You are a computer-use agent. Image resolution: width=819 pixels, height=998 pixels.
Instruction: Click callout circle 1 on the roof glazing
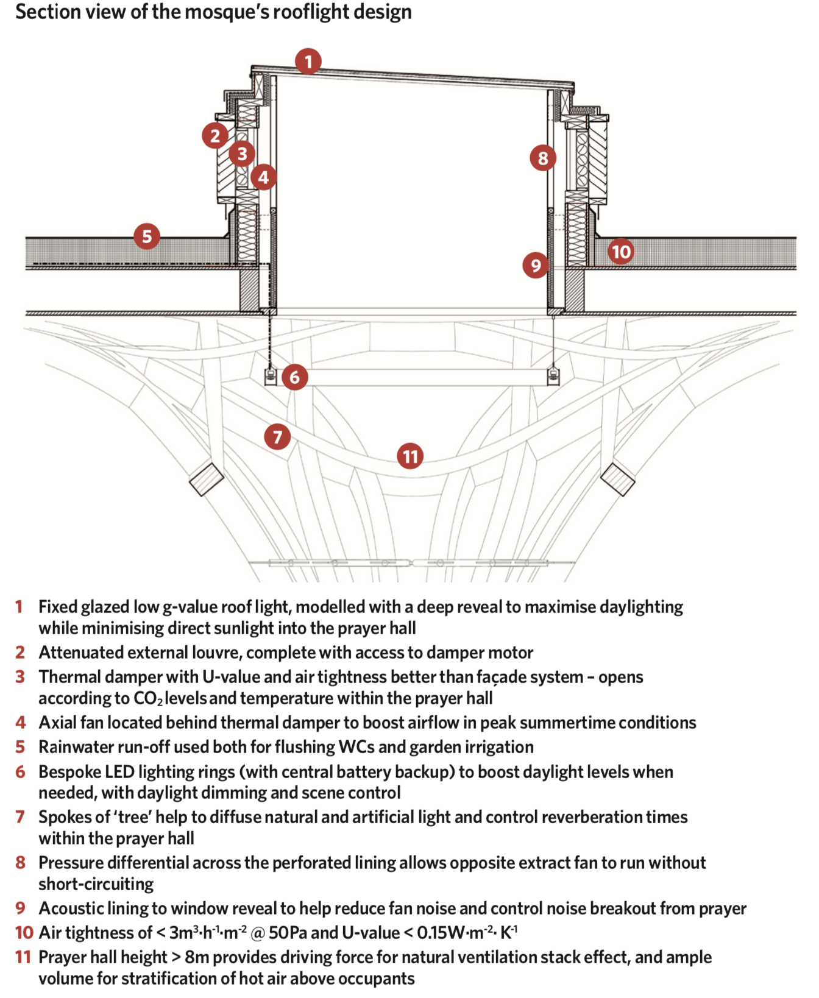tap(308, 62)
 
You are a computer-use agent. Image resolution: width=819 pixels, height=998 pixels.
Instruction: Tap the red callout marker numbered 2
tap(215, 135)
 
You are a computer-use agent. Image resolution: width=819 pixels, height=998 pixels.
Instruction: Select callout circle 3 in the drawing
tap(242, 154)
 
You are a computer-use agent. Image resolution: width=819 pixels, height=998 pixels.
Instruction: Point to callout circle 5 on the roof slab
tap(147, 236)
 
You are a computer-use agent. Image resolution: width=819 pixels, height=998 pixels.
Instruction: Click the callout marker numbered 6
tap(294, 377)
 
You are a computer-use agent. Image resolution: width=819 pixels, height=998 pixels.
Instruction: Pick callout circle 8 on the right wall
tap(543, 158)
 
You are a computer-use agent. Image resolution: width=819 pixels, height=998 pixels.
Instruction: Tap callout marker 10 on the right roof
tap(621, 252)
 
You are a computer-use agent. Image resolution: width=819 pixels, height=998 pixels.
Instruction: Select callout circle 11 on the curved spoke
tap(410, 456)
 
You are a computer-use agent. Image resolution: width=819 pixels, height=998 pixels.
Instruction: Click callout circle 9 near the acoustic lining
tap(536, 266)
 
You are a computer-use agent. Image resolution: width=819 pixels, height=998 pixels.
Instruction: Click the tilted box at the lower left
tap(207, 479)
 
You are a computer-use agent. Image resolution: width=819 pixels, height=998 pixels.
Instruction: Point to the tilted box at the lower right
tap(618, 479)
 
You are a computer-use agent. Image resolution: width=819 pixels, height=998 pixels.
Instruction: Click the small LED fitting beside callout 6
tap(270, 377)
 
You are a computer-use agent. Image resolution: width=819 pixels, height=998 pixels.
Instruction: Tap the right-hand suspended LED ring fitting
tap(553, 376)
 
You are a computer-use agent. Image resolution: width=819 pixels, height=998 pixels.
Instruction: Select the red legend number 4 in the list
tap(21, 723)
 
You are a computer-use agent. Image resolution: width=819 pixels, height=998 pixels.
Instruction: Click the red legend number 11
tap(23, 957)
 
